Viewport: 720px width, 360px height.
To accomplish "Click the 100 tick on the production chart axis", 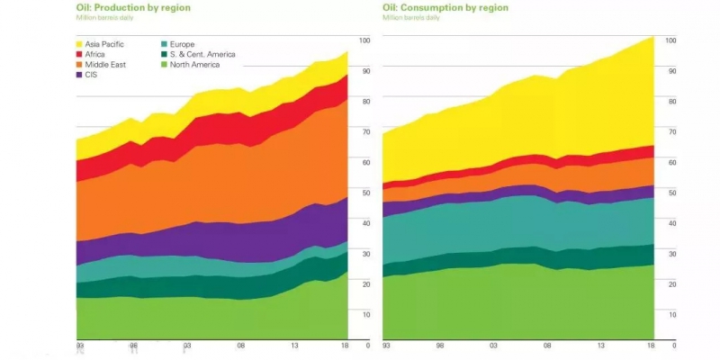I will coord(364,40).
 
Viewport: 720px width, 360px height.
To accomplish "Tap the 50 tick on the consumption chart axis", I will coord(670,193).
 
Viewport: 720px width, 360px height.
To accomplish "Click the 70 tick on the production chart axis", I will coord(364,131).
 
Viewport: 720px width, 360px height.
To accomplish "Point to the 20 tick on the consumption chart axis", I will coord(670,283).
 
